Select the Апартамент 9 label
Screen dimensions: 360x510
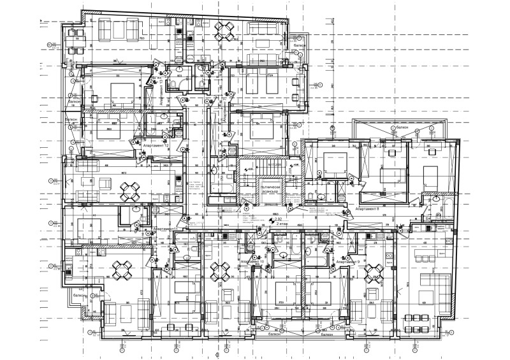pyautogui.click(x=347, y=261)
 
